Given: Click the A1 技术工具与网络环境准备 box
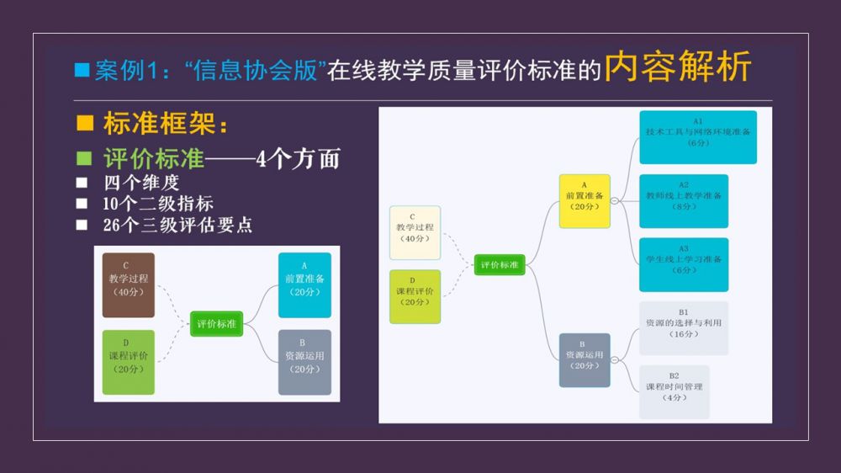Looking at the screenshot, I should point(697,136).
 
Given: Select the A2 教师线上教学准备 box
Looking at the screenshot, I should point(683,200).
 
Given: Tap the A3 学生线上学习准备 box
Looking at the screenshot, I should point(683,264).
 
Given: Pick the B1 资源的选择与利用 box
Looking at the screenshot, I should point(683,327).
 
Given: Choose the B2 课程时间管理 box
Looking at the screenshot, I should point(674,391).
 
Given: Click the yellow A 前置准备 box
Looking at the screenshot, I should point(584,200).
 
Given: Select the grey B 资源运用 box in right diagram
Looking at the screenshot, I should point(584,359).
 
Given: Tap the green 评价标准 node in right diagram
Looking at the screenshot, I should point(500,264).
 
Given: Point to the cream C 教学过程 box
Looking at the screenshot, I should point(415,232).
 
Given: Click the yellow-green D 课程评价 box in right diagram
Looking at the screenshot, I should point(415,296).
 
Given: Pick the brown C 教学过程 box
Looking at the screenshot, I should point(129,284).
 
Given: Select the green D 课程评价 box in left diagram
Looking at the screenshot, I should point(129,362).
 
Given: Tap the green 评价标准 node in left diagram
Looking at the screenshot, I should point(216,323).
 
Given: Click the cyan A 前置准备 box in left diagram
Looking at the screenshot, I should point(304,284).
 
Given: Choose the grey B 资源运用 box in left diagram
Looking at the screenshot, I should point(304,362).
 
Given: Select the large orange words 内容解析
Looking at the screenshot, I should point(678,67).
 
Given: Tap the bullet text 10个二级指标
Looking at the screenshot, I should point(158,203).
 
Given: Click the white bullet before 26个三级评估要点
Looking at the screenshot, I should point(82,225).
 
